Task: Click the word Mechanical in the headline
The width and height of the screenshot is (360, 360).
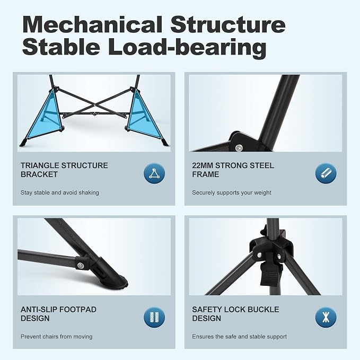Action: [x=93, y=25]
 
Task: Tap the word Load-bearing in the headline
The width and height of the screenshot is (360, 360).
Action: [x=187, y=47]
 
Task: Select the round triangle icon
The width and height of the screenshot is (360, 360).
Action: [x=154, y=173]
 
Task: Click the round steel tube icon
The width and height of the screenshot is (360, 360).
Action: [x=326, y=173]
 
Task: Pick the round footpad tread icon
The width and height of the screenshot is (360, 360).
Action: [x=154, y=317]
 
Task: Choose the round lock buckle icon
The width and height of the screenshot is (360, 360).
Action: [x=326, y=317]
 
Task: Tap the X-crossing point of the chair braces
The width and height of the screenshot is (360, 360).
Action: [x=94, y=105]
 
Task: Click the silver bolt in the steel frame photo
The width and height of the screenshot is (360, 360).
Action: [x=239, y=147]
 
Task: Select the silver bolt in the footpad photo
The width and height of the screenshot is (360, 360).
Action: [x=81, y=266]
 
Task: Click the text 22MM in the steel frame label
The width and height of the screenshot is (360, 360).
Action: [x=203, y=165]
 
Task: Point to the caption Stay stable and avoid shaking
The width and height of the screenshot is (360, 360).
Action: [x=60, y=192]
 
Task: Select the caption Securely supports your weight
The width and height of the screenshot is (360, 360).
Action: [x=231, y=192]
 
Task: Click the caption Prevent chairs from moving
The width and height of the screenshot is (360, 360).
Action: [x=57, y=337]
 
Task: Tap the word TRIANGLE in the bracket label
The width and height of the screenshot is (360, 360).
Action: [x=40, y=165]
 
